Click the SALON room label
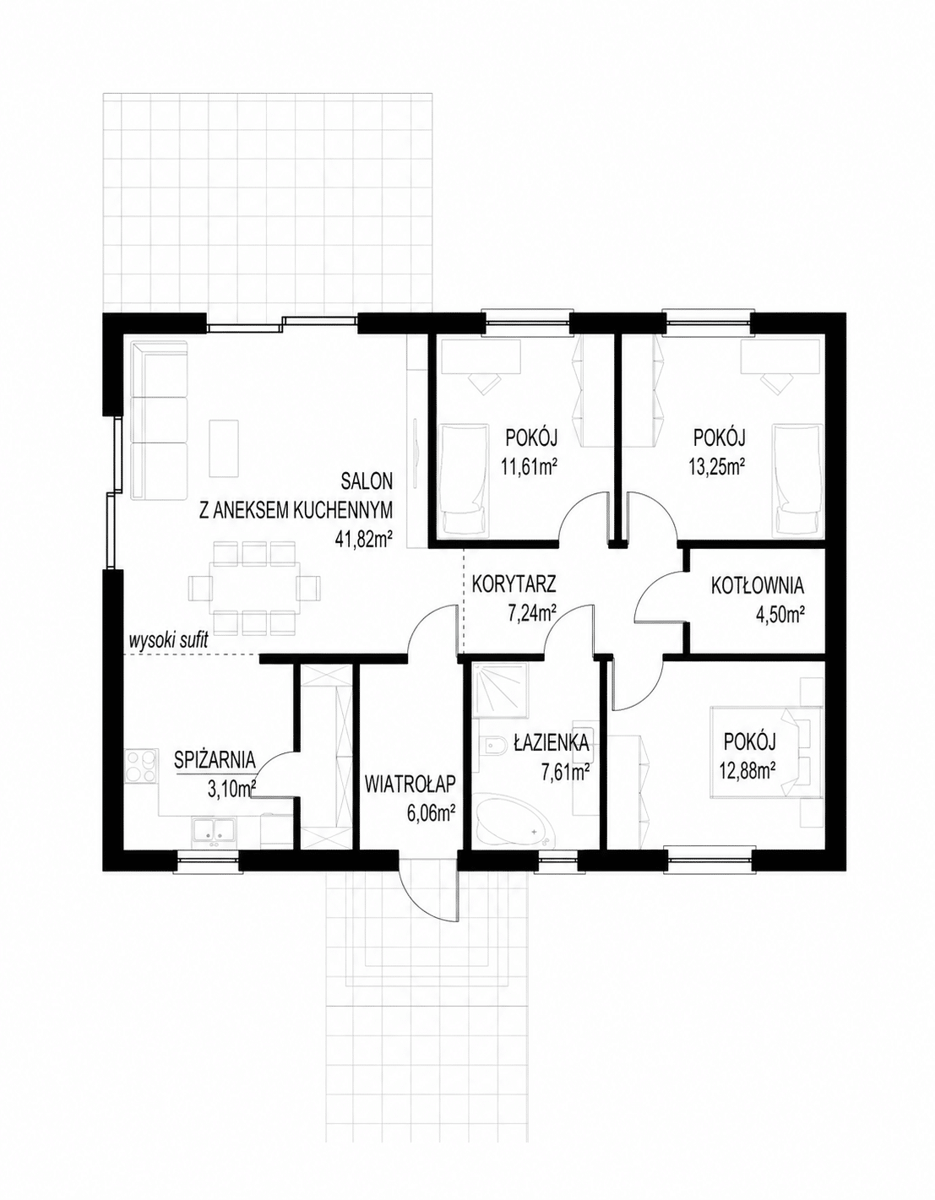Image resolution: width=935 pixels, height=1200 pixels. point(367,481)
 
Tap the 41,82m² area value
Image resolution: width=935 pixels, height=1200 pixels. point(362,539)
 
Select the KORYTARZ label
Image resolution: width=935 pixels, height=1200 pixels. point(514,584)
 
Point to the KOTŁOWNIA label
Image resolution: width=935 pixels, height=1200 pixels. point(757,586)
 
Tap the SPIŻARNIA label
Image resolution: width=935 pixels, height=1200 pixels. point(215,760)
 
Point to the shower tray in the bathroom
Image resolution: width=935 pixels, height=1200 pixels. point(500,688)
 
